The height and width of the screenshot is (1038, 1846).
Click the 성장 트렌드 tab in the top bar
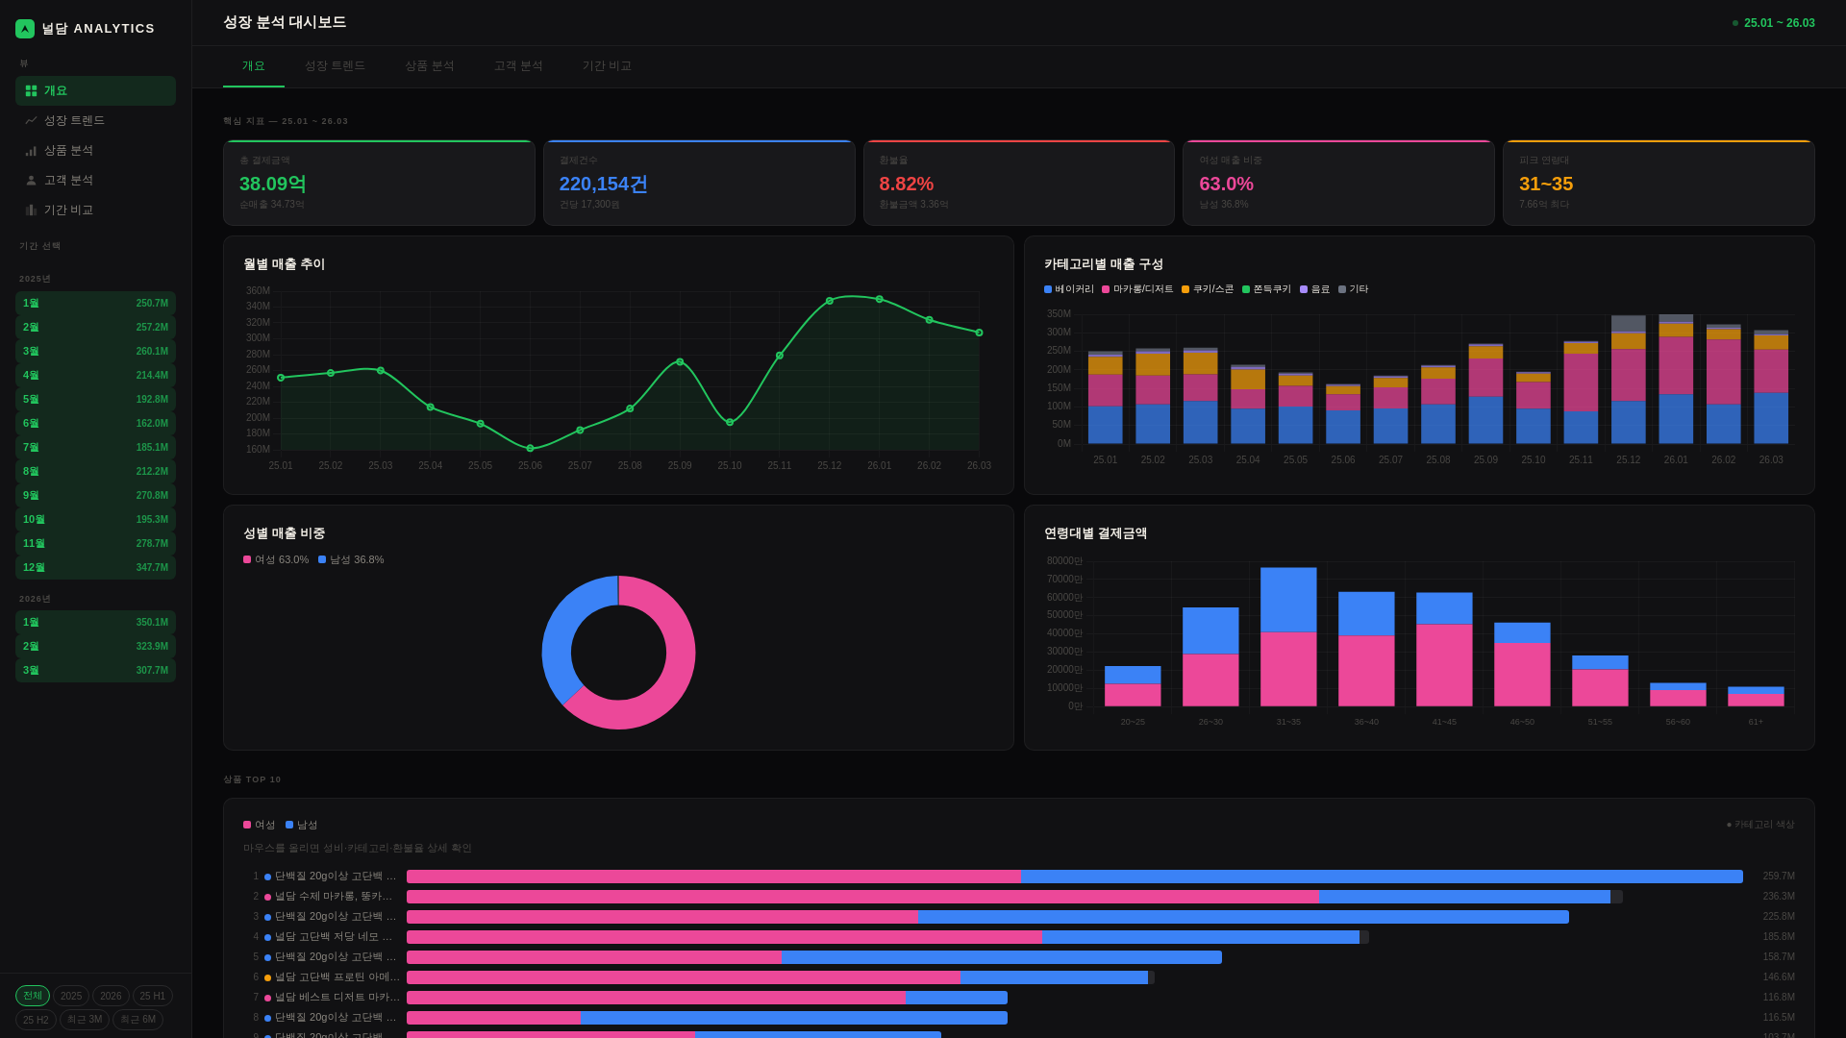click(335, 66)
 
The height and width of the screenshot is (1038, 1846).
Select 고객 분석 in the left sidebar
click(68, 181)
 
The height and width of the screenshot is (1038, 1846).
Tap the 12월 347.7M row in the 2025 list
click(95, 568)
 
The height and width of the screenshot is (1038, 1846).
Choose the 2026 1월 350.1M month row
click(95, 623)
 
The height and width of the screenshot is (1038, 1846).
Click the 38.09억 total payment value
click(273, 184)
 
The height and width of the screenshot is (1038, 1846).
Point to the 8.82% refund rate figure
click(906, 184)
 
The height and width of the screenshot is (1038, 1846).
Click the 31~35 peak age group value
click(1546, 184)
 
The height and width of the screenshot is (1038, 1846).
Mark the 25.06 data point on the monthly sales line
click(530, 449)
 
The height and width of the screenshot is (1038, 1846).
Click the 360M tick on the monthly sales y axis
click(258, 291)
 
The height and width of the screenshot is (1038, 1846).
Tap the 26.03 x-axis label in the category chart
click(1770, 460)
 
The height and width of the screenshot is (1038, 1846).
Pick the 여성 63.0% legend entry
click(276, 559)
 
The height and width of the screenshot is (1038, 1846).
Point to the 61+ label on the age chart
click(1756, 722)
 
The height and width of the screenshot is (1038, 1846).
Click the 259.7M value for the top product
click(1778, 877)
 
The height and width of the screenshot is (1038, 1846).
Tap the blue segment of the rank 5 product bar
click(1000, 957)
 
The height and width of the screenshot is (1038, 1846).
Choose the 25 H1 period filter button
click(152, 997)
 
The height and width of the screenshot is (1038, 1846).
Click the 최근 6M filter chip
click(137, 1020)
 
